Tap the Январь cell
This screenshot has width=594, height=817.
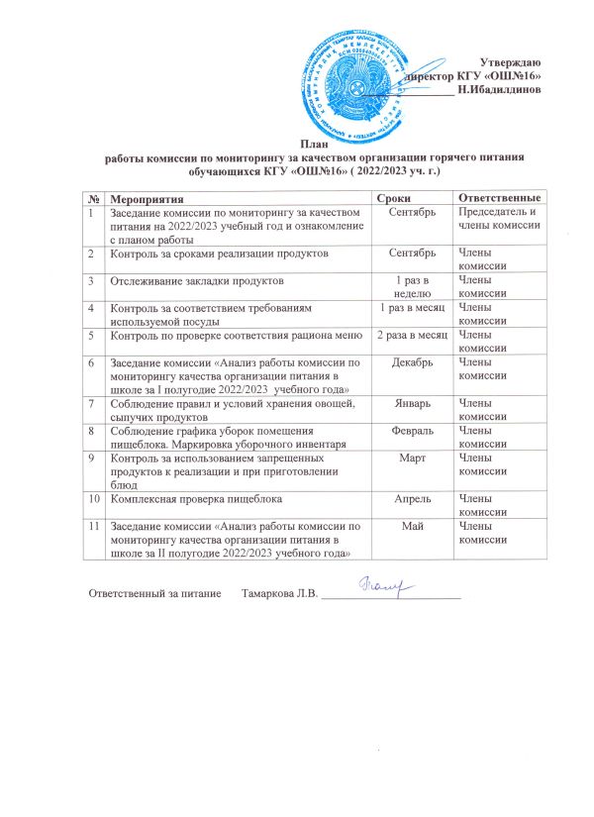tap(410, 404)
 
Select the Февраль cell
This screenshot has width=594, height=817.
tap(410, 432)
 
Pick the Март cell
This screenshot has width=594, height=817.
tap(410, 460)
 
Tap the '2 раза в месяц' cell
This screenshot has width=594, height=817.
tap(410, 336)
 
